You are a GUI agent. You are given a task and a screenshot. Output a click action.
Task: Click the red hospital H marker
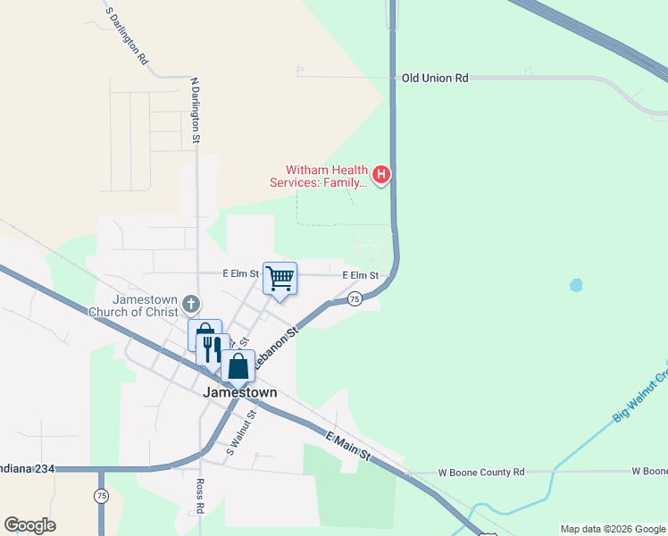[x=381, y=173]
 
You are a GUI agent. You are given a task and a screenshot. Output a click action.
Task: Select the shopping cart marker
[x=280, y=279]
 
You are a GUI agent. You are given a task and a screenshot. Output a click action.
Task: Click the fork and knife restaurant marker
[x=212, y=348]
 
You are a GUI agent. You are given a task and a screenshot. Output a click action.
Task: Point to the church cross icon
[x=190, y=305]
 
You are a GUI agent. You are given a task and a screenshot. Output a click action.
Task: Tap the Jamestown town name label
[x=239, y=392]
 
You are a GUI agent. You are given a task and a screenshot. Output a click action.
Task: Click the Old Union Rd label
[x=435, y=79]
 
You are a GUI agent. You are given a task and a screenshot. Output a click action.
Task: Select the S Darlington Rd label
[x=126, y=36]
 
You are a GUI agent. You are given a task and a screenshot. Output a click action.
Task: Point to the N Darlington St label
[x=195, y=111]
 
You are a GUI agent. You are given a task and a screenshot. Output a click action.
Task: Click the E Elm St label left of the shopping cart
[x=240, y=273]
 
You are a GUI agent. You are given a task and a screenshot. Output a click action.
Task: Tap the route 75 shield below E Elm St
[x=355, y=298]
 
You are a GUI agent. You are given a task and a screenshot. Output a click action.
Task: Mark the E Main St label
[x=347, y=444]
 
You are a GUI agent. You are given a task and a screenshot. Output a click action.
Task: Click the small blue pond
[x=576, y=286]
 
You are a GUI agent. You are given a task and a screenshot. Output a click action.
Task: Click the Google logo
[x=29, y=525]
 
